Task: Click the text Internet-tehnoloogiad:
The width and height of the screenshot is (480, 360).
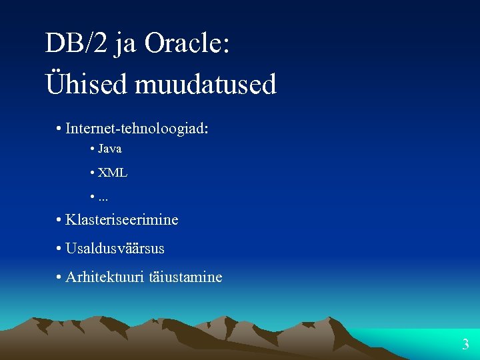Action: tap(137, 128)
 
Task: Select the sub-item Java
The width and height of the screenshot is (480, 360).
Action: tap(109, 149)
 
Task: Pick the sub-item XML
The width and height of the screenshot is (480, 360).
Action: tap(112, 173)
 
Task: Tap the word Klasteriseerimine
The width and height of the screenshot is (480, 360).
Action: tap(121, 219)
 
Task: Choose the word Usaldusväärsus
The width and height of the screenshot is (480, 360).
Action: tap(115, 249)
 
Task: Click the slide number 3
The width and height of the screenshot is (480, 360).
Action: tap(465, 345)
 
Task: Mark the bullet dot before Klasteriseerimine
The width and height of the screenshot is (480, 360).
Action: tap(59, 220)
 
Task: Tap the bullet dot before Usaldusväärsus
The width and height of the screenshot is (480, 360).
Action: tap(59, 249)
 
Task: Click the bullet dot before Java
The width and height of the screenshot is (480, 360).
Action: tap(91, 149)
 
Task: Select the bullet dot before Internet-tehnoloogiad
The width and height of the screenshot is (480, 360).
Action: tap(59, 129)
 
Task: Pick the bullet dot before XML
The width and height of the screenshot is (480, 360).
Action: tap(91, 173)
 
